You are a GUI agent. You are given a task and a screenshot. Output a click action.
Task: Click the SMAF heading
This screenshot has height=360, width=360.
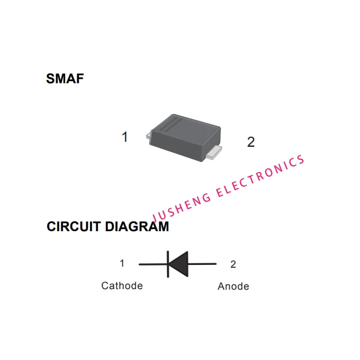coord(65,79)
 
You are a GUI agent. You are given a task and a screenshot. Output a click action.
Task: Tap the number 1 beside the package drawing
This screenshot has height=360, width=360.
coord(125,137)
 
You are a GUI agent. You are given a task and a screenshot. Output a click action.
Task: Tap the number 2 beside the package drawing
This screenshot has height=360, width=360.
coord(251,142)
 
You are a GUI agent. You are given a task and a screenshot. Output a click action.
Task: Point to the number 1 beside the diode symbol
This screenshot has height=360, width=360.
coord(122,263)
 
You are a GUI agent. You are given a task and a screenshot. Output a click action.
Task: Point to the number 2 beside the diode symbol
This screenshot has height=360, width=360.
coord(233,264)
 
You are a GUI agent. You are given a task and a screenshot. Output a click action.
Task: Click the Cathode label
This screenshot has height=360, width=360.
coord(122,286)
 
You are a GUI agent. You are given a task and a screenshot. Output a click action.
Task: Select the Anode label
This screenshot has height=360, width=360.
coord(233,286)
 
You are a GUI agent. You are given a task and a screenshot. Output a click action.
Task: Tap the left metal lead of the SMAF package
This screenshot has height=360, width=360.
coord(149,135)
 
